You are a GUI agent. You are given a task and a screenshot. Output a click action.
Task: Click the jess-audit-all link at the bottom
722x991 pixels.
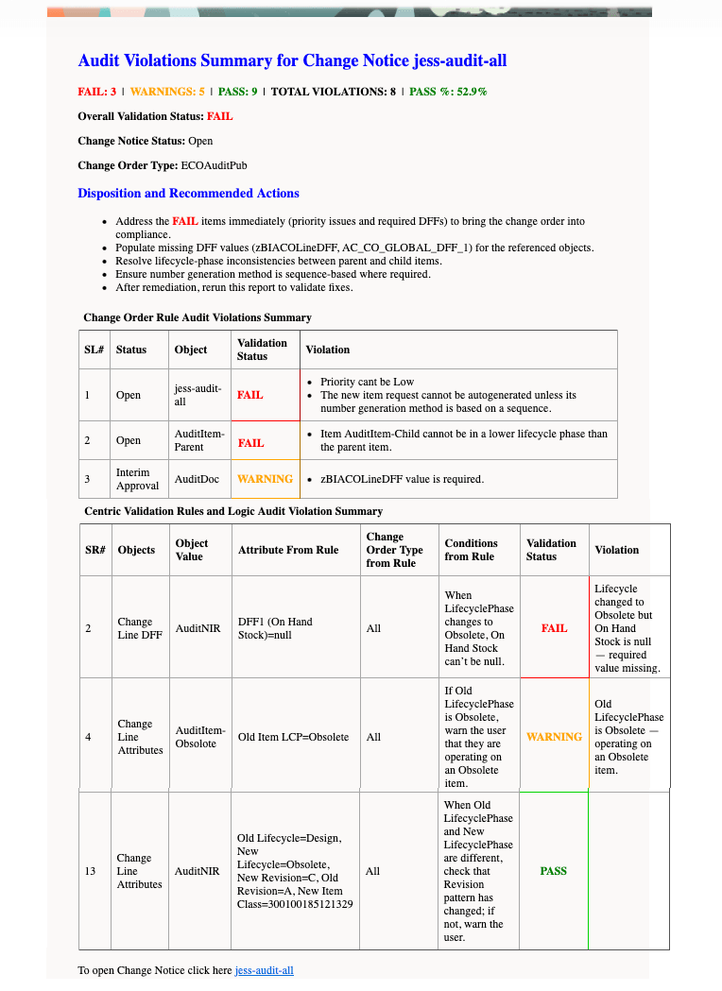point(264,970)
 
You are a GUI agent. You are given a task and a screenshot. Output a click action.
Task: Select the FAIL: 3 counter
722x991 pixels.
point(97,92)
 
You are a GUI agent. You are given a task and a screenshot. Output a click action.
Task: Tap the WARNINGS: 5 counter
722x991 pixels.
point(167,92)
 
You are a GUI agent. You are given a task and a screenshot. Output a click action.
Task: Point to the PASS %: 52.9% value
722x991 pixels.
point(448,92)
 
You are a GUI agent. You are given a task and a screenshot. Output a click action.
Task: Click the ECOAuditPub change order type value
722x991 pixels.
point(215,165)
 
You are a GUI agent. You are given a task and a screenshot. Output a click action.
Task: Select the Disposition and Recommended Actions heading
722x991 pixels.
point(188,194)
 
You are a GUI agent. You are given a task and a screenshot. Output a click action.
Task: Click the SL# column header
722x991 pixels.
point(94,350)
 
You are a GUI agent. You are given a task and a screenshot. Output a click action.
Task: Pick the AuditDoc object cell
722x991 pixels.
point(197,479)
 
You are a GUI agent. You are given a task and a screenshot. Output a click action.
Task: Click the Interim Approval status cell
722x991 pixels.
point(132,479)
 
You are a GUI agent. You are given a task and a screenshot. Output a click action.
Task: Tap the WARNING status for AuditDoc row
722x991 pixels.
point(265,479)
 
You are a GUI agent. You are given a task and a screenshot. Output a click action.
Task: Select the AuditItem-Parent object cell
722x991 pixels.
point(199,440)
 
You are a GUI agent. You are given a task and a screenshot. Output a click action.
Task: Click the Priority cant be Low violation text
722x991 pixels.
point(367,382)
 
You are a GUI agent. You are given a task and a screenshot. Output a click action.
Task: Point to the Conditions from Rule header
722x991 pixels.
point(471,550)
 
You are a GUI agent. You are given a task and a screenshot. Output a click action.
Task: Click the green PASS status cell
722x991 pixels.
point(553,871)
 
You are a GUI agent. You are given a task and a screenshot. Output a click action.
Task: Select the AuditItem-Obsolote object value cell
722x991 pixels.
point(200,737)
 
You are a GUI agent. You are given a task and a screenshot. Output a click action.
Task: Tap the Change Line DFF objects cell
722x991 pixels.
point(140,628)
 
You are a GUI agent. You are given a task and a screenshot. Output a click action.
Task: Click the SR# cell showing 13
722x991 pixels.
point(90,871)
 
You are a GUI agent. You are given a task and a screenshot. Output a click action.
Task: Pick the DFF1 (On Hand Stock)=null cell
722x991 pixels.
point(275,628)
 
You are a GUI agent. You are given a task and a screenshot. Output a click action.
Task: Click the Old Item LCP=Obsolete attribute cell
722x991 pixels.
point(293,737)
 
